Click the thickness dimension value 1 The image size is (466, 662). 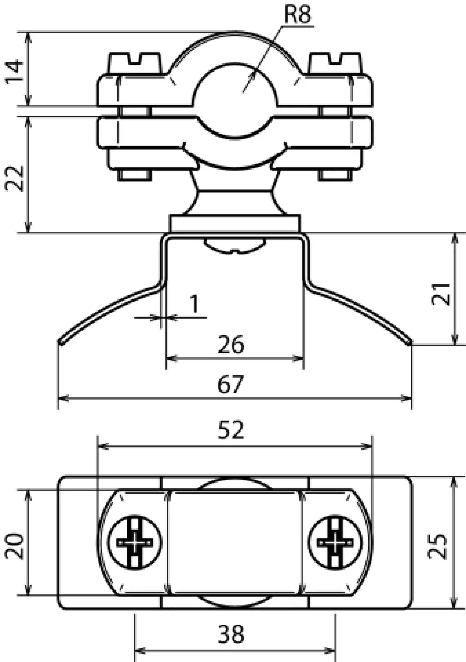click(x=195, y=304)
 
